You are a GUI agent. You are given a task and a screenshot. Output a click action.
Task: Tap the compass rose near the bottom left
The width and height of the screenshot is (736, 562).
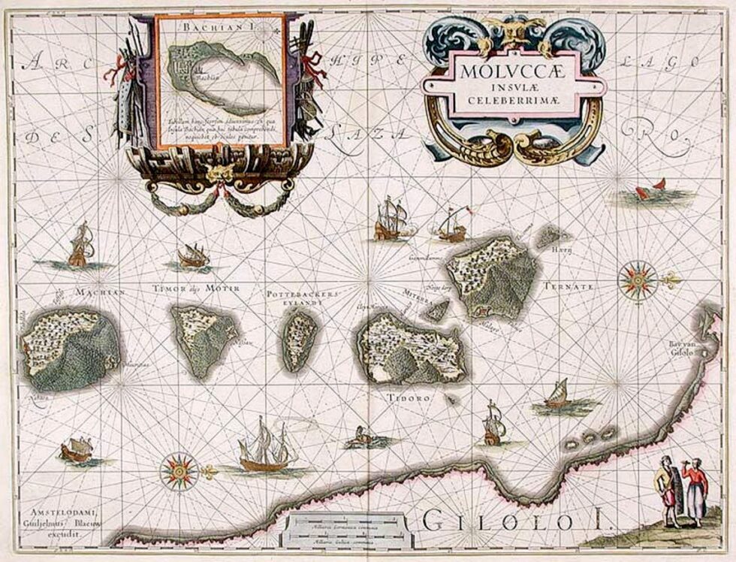click(179, 472)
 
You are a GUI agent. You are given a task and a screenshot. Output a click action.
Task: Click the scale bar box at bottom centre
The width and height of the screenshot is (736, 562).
click(349, 531)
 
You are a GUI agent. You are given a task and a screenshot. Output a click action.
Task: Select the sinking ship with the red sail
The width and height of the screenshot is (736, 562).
click(650, 190)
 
